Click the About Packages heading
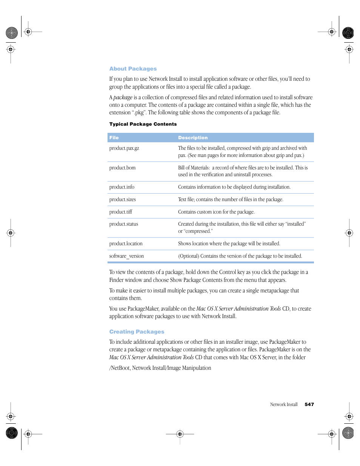[x=133, y=69]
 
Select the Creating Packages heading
[x=137, y=332]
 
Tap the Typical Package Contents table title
[x=143, y=124]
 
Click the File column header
[x=114, y=138]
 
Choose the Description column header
[x=193, y=138]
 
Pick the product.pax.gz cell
[x=124, y=148]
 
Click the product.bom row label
[x=122, y=168]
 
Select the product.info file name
[x=122, y=187]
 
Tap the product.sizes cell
[x=122, y=200]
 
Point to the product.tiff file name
[x=121, y=212]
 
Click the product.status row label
[x=123, y=224]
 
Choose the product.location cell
[x=126, y=244]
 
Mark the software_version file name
[x=126, y=256]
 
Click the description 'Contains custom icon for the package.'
[x=216, y=212]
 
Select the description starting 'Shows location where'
[x=229, y=244]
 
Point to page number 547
[x=309, y=404]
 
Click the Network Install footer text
[x=284, y=404]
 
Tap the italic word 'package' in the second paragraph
[x=123, y=97]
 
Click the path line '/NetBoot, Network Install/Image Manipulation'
[x=160, y=368]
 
